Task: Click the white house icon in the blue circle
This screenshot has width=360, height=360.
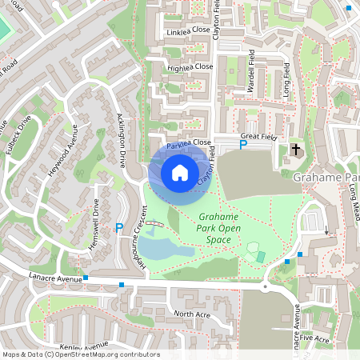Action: click(x=179, y=172)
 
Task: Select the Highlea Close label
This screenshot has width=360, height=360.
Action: click(x=190, y=68)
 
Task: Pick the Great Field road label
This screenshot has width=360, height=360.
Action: click(x=258, y=137)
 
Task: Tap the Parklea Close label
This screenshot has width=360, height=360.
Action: click(x=190, y=143)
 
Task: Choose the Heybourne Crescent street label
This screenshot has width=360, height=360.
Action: click(x=145, y=239)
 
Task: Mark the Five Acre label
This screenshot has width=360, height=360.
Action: click(x=316, y=338)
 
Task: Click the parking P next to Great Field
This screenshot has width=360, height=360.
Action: click(x=244, y=145)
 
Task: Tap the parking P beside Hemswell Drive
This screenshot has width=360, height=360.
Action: click(x=119, y=228)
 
